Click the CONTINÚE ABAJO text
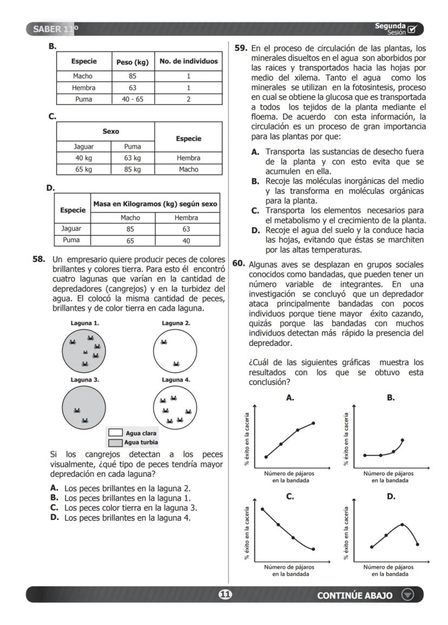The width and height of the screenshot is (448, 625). click(x=354, y=595)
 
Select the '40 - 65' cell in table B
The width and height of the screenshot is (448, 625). click(x=133, y=99)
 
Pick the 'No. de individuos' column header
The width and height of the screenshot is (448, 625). click(x=188, y=61)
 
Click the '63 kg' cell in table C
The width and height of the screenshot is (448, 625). click(x=133, y=158)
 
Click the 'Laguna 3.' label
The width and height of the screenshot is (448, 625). click(x=84, y=380)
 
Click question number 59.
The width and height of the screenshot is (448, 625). click(x=240, y=48)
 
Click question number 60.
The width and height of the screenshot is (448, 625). click(x=239, y=264)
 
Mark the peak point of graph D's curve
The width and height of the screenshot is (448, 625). click(x=402, y=524)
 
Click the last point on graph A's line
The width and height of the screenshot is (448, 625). click(x=313, y=423)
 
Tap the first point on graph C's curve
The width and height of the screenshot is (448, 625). click(x=262, y=509)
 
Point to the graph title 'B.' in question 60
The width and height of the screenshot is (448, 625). click(x=390, y=398)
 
